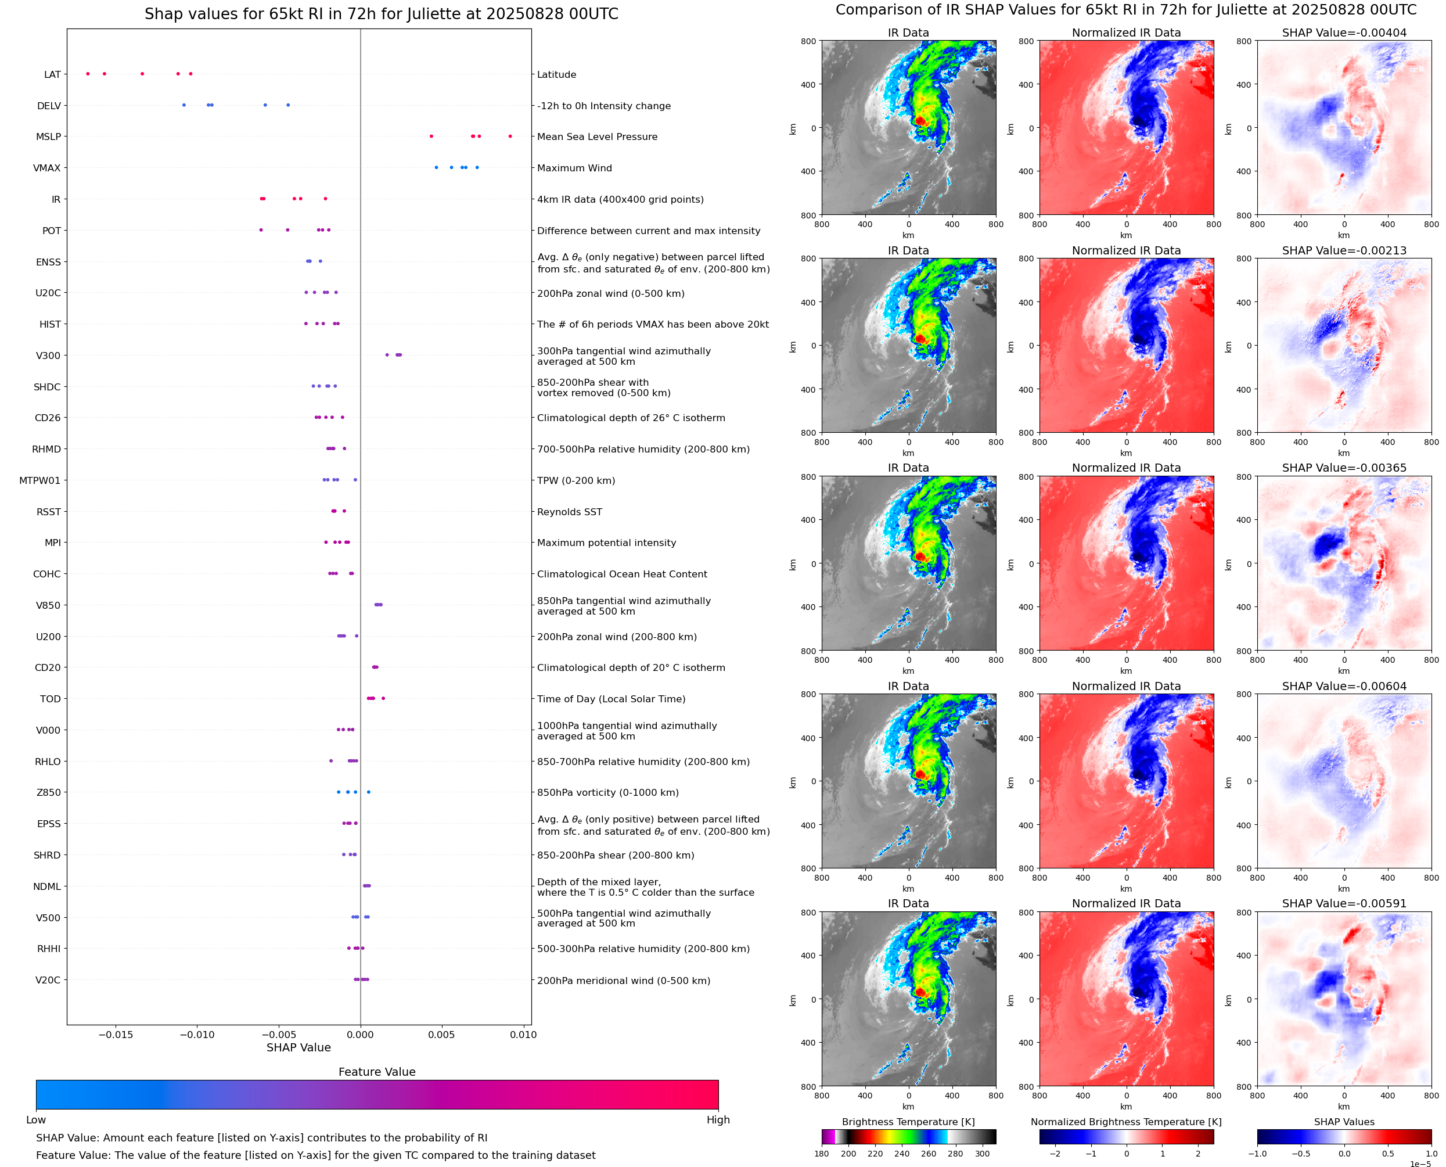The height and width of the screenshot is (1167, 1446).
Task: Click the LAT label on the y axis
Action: pos(52,74)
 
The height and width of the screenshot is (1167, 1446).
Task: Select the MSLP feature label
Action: pos(48,137)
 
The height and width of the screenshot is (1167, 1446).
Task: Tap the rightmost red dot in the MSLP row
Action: pos(510,137)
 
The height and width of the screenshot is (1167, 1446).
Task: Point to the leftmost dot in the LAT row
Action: pos(88,74)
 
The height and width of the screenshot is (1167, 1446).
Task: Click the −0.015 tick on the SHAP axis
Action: pos(116,1035)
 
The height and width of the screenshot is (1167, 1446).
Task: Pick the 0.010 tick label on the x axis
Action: pos(523,1035)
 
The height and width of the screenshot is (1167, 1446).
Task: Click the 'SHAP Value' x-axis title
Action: pos(298,1047)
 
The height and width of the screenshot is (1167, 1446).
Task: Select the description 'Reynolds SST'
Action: pos(569,512)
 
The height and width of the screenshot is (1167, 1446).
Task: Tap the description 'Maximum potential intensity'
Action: pos(606,543)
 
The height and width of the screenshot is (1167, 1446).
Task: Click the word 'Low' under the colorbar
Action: pos(35,1120)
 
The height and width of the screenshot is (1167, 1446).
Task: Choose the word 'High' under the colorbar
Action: pos(718,1120)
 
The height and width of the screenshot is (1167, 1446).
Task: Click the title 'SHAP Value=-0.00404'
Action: pos(1344,33)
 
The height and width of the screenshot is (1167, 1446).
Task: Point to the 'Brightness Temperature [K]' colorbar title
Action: pos(908,1122)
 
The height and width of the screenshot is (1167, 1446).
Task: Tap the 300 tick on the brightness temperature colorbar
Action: pos(981,1154)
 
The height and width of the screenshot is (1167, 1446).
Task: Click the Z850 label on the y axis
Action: pos(48,792)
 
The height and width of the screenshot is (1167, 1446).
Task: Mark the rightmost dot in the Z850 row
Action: pos(369,792)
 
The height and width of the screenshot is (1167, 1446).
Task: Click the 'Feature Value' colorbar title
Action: pos(377,1072)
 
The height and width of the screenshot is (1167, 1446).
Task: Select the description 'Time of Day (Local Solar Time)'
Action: pos(611,699)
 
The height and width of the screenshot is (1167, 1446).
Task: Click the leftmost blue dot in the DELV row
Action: pos(184,105)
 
